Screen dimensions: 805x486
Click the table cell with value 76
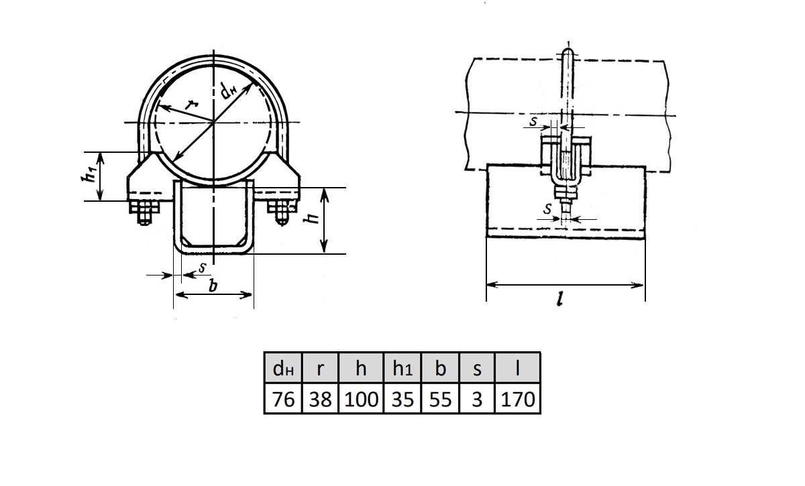283,398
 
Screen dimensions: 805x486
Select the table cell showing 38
320,398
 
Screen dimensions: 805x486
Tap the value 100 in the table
361,398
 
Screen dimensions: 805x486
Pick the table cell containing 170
517,398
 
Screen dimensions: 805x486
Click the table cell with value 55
440,398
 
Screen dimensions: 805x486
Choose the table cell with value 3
477,398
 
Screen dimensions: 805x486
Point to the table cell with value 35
402,398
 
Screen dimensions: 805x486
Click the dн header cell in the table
283,367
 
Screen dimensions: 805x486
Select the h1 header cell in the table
402,367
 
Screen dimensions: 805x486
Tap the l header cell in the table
517,367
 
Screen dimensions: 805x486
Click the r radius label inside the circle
192,105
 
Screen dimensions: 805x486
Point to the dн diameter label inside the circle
228,90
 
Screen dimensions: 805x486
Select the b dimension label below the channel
213,286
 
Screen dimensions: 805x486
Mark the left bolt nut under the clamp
145,212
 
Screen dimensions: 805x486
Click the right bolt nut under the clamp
281,212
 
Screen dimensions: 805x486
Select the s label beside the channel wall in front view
203,267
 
